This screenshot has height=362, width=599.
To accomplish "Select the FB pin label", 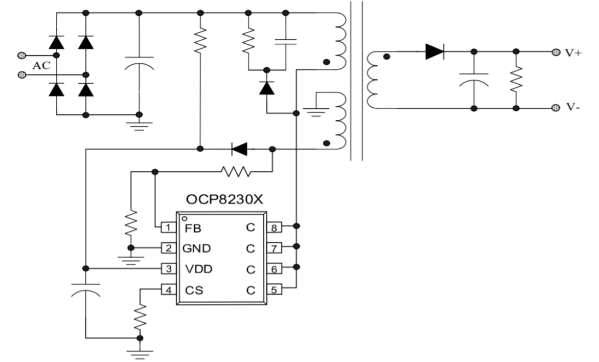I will [189, 228].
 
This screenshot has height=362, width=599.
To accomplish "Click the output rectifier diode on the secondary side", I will [434, 52].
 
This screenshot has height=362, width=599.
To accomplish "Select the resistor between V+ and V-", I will [516, 80].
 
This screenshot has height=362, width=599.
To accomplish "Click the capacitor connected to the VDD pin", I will [86, 293].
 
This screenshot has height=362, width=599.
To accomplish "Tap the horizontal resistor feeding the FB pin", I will [236, 172].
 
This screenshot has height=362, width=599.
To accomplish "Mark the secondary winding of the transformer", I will [374, 80].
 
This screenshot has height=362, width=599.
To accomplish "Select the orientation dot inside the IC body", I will [185, 218].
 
